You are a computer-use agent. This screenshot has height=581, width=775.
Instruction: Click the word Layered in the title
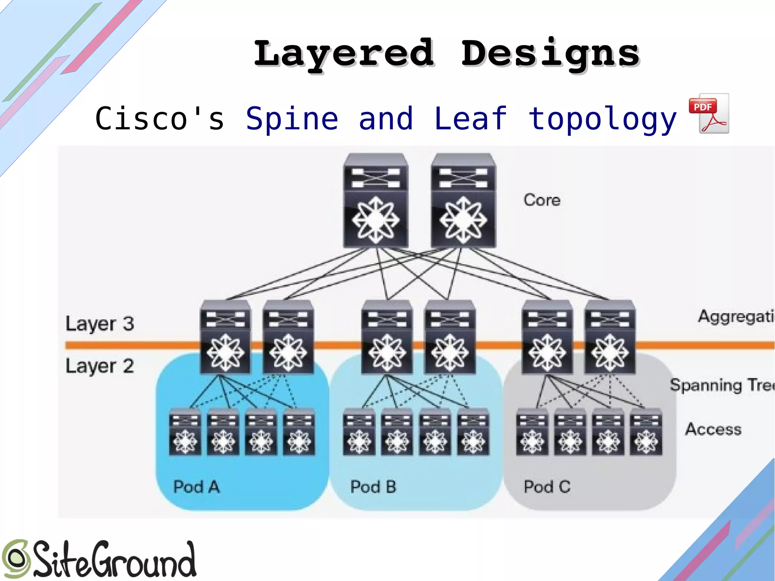tap(344, 54)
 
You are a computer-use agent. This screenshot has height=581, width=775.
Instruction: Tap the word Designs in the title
tap(549, 54)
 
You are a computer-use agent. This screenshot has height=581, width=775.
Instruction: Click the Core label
tap(542, 200)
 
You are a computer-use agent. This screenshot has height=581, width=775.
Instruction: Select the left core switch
tap(376, 201)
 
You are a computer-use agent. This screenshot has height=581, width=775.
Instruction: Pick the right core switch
tap(463, 201)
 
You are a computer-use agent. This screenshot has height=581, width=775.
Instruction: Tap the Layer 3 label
tap(100, 324)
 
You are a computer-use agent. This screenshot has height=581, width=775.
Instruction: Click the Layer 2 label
tap(100, 366)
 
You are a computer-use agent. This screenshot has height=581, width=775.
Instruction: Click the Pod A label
tap(196, 487)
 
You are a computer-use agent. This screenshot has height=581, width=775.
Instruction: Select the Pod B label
tap(373, 487)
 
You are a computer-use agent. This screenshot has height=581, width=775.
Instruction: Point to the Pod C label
tap(547, 487)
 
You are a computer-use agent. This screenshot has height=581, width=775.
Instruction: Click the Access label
tap(713, 429)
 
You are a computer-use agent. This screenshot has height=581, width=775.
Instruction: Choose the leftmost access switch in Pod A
tap(185, 432)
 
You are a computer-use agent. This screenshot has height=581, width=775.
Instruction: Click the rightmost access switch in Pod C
tap(646, 432)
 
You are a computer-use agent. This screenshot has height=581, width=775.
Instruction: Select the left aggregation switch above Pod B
tap(387, 337)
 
